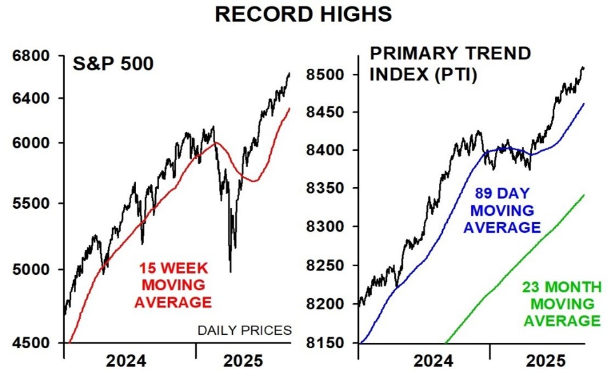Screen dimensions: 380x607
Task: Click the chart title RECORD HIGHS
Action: pyautogui.click(x=303, y=13)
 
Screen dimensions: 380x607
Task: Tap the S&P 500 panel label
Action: pyautogui.click(x=113, y=65)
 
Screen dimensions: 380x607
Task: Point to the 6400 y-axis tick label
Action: pyautogui.click(x=31, y=99)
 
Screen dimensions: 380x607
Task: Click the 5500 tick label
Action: pyautogui.click(x=31, y=204)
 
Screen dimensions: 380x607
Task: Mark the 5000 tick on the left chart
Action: pyautogui.click(x=31, y=270)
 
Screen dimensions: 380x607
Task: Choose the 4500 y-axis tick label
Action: pyautogui.click(x=31, y=343)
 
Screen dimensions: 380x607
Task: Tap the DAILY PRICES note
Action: pyautogui.click(x=244, y=330)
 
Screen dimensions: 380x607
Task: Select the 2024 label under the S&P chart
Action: pyautogui.click(x=125, y=362)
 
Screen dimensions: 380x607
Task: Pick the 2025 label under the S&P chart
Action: pyautogui.click(x=243, y=362)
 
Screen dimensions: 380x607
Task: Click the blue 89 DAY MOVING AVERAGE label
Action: pyautogui.click(x=502, y=210)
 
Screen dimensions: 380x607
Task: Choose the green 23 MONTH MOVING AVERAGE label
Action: pyautogui.click(x=561, y=304)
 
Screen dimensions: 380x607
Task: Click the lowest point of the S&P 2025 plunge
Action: pyautogui.click(x=230, y=272)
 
